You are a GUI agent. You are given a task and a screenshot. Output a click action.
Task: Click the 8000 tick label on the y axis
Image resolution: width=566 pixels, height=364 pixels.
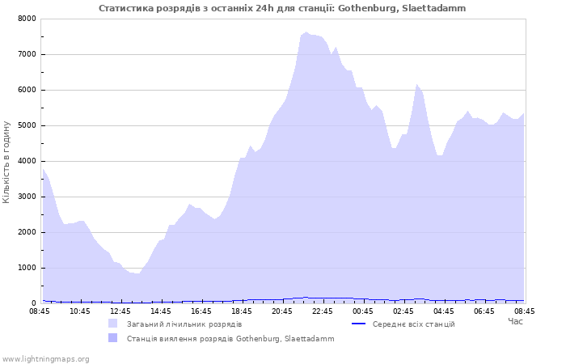27,19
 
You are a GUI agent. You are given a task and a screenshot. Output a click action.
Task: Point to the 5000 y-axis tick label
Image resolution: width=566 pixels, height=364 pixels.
27,125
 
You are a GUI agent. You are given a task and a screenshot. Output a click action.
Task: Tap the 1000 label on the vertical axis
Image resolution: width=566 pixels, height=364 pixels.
27,268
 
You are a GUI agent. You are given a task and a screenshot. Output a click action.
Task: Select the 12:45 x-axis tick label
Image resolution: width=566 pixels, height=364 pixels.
120,311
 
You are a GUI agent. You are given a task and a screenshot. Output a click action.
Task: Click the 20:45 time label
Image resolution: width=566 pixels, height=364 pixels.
282,311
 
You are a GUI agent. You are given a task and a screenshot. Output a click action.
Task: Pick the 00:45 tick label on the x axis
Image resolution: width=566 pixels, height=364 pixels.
363,311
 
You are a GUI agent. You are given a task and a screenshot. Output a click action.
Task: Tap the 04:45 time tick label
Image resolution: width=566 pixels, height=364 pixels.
444,311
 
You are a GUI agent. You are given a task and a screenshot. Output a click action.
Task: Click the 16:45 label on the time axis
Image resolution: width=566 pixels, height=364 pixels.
201,311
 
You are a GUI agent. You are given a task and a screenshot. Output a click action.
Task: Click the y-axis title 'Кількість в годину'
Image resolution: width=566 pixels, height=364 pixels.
6,162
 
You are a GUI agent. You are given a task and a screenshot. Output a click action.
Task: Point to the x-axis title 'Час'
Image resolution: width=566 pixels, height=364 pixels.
516,321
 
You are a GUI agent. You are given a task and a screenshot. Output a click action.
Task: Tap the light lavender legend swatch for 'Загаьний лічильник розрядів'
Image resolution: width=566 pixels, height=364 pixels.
112,324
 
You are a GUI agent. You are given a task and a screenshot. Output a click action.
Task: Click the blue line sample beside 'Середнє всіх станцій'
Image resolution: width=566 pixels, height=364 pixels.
359,324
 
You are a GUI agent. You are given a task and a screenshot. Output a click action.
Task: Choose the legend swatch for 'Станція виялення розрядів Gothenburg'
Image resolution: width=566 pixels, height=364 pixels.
112,337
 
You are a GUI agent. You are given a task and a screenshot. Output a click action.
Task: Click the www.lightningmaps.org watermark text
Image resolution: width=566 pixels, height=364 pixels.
45,359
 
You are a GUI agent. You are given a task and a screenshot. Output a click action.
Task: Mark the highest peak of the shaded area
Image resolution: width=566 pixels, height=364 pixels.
306,32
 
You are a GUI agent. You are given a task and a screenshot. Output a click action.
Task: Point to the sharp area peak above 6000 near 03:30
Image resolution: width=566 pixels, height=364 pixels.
416,84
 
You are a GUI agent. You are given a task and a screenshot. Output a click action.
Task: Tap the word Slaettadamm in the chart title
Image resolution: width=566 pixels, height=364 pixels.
433,8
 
